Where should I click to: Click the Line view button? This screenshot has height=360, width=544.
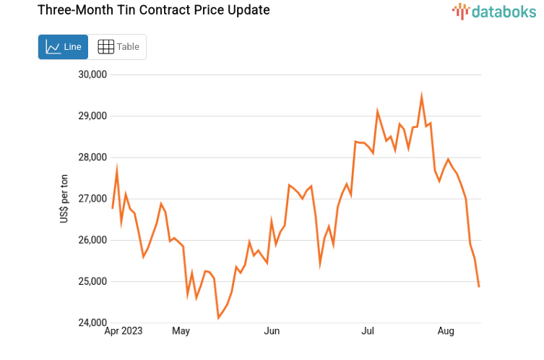pyautogui.click(x=63, y=47)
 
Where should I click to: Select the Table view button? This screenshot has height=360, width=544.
pyautogui.click(x=118, y=47)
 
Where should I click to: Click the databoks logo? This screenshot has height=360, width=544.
pyautogui.click(x=494, y=11)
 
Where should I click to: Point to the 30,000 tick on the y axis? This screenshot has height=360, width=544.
pyautogui.click(x=92, y=74)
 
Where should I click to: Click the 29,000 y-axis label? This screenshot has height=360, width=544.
pyautogui.click(x=92, y=116)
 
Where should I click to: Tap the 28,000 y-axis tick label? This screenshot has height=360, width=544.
pyautogui.click(x=92, y=158)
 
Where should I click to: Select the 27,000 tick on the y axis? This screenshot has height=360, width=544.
pyautogui.click(x=92, y=199)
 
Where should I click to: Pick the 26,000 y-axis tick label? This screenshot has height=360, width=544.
pyautogui.click(x=92, y=240)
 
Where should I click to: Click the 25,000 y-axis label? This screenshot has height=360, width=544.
pyautogui.click(x=92, y=281)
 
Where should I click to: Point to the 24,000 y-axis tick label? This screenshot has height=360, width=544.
pyautogui.click(x=92, y=323)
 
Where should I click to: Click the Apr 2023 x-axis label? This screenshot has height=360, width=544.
pyautogui.click(x=124, y=332)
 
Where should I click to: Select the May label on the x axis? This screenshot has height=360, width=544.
pyautogui.click(x=181, y=332)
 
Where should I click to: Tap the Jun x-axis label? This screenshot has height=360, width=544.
pyautogui.click(x=272, y=332)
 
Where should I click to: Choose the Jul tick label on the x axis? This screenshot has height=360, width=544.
pyautogui.click(x=368, y=332)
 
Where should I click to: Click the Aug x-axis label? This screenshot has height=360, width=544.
pyautogui.click(x=446, y=332)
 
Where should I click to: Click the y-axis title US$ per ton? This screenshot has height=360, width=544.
pyautogui.click(x=64, y=199)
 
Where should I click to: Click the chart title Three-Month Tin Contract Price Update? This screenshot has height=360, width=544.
pyautogui.click(x=143, y=10)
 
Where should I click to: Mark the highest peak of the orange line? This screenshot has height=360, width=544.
pyautogui.click(x=422, y=96)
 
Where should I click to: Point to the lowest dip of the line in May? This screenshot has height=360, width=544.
pyautogui.click(x=218, y=317)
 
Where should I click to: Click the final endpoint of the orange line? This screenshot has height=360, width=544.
pyautogui.click(x=479, y=287)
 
